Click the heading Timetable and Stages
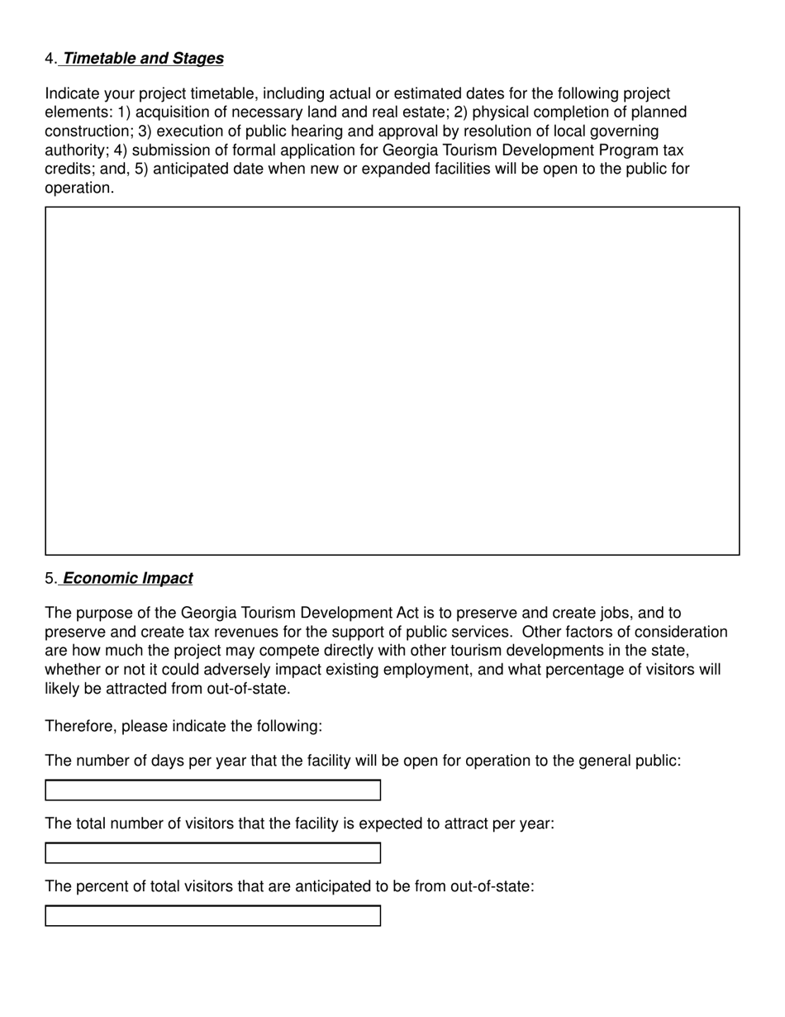pos(143,59)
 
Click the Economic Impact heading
pos(127,579)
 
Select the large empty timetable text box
pos(392,380)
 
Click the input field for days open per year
pos(212,790)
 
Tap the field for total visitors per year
pos(212,853)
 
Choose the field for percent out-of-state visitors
pos(212,916)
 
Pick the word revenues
pos(234,633)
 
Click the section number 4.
pos(50,59)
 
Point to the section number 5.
pos(50,579)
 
